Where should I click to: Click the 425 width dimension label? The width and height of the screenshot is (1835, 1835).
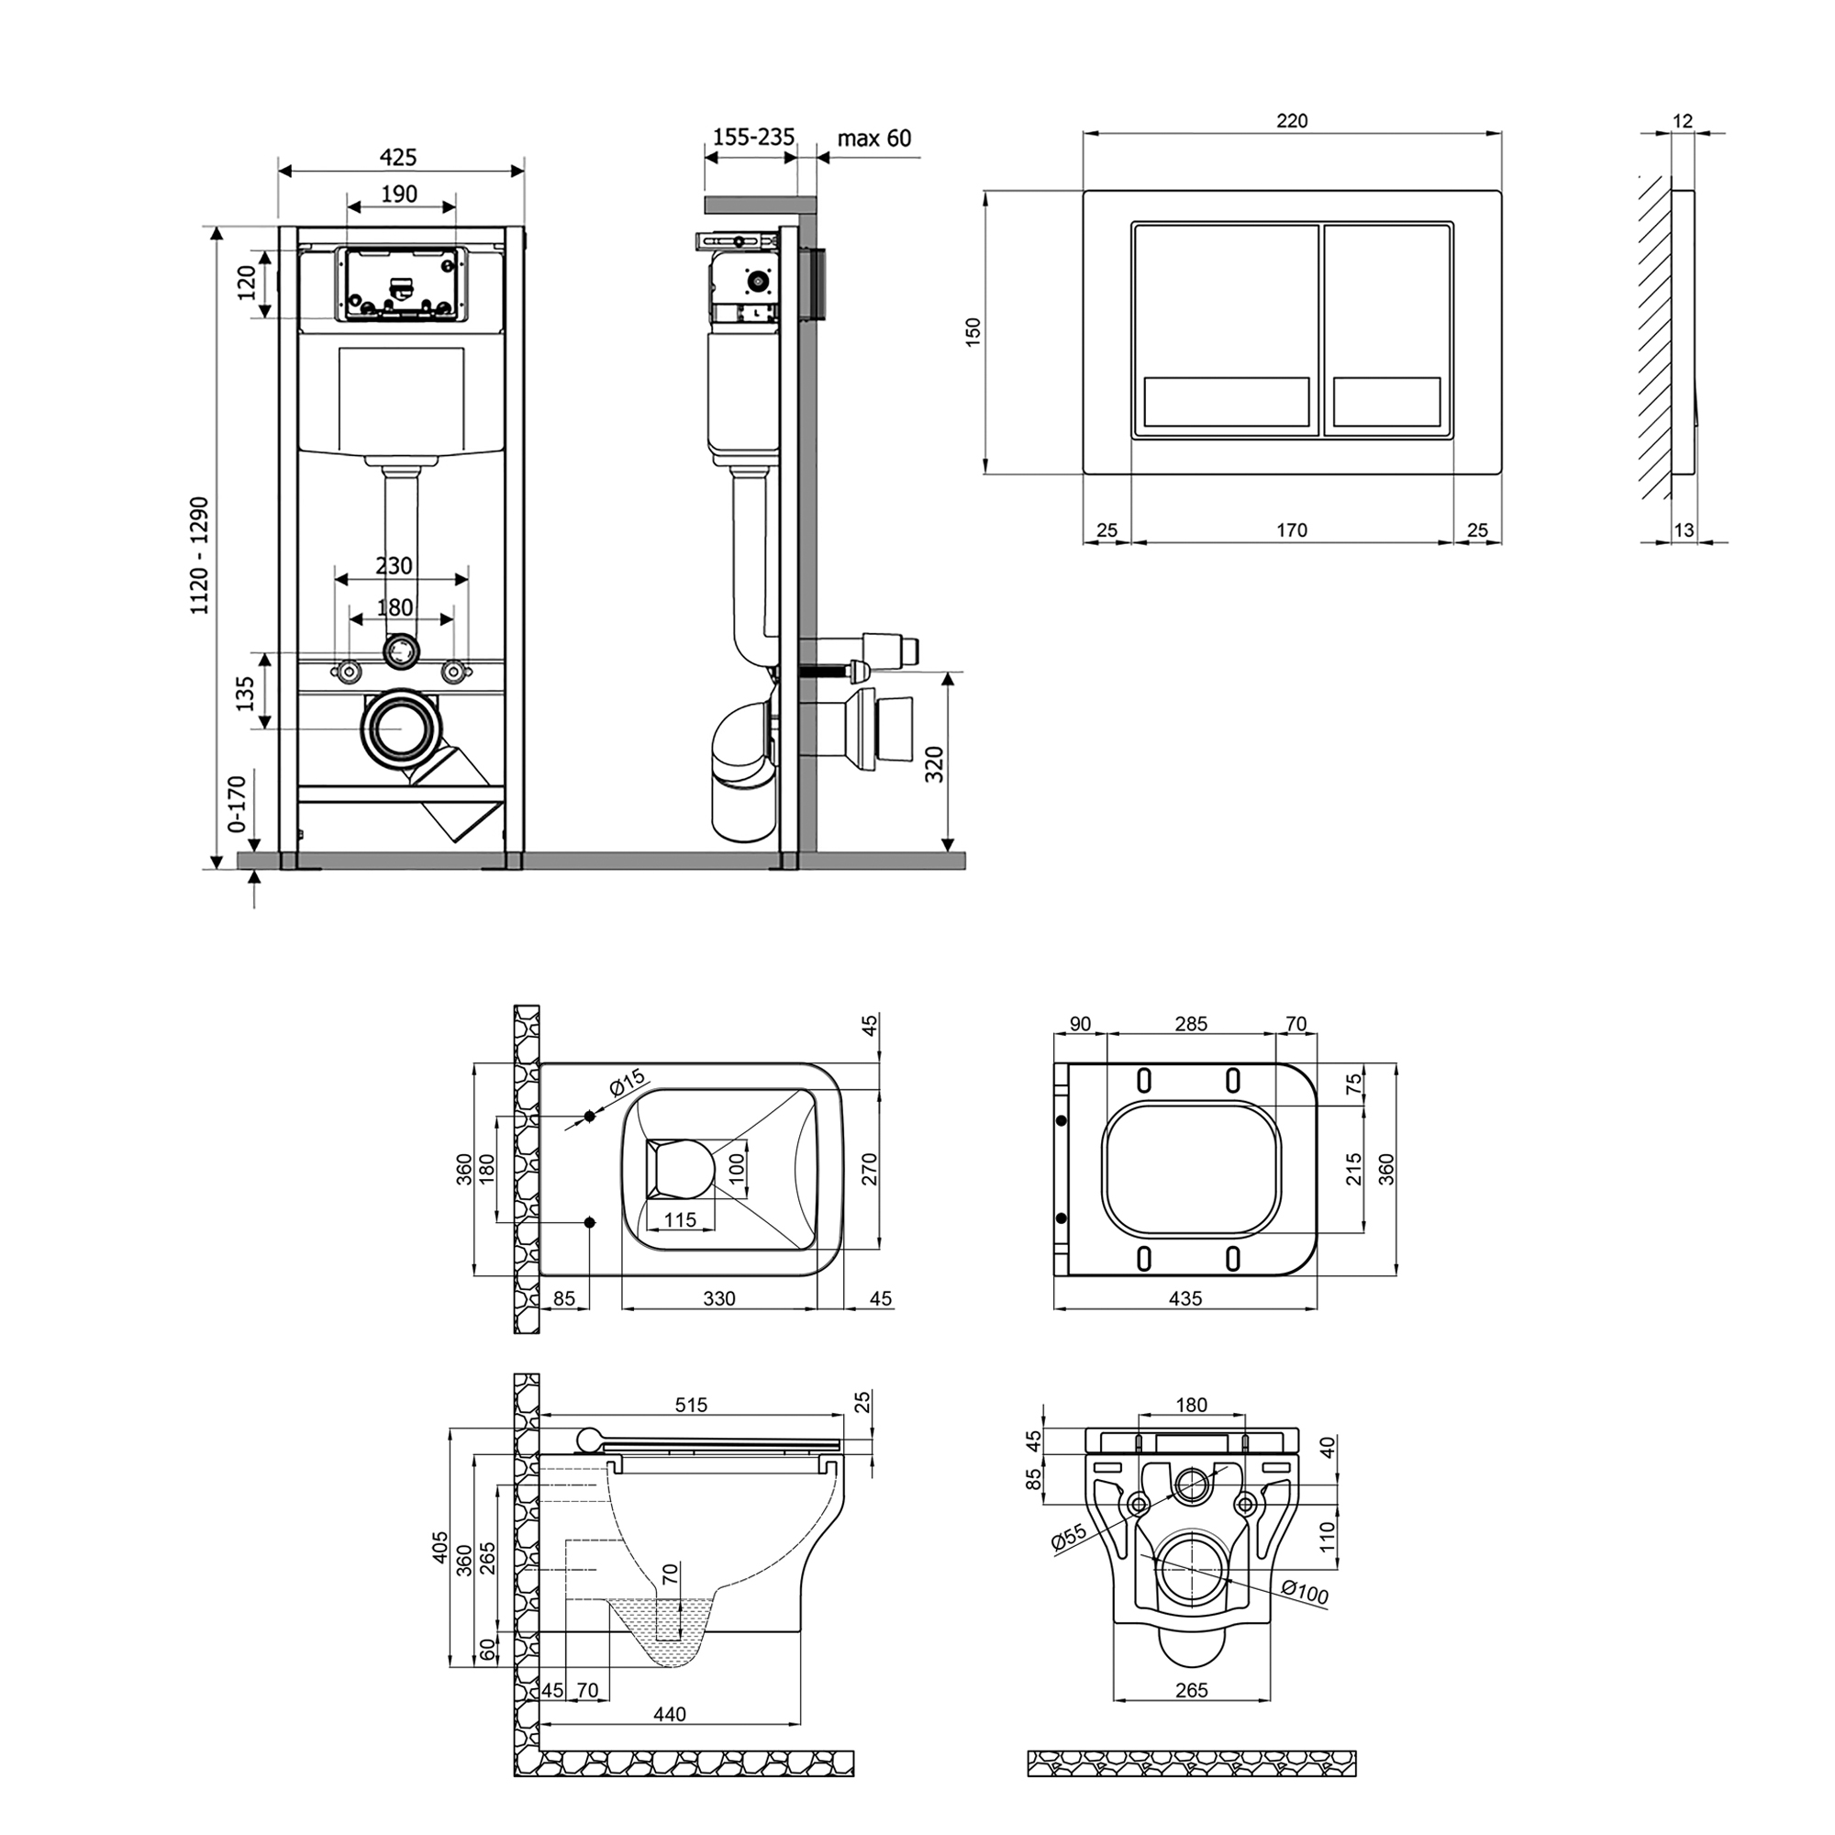click(399, 157)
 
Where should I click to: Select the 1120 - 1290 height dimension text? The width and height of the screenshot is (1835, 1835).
click(199, 555)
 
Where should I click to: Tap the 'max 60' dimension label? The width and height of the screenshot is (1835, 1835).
click(873, 139)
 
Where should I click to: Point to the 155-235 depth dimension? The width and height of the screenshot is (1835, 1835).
click(753, 138)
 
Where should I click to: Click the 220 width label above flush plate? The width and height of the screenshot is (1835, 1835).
click(1292, 120)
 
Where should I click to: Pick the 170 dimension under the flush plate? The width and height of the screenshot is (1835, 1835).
click(1292, 530)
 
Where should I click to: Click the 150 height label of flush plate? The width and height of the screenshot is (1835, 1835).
click(973, 331)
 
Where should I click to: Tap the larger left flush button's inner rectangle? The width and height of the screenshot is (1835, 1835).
click(1226, 402)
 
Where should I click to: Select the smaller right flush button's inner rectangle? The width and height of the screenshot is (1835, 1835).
click(1386, 402)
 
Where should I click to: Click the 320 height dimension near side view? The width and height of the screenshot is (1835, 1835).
click(935, 763)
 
